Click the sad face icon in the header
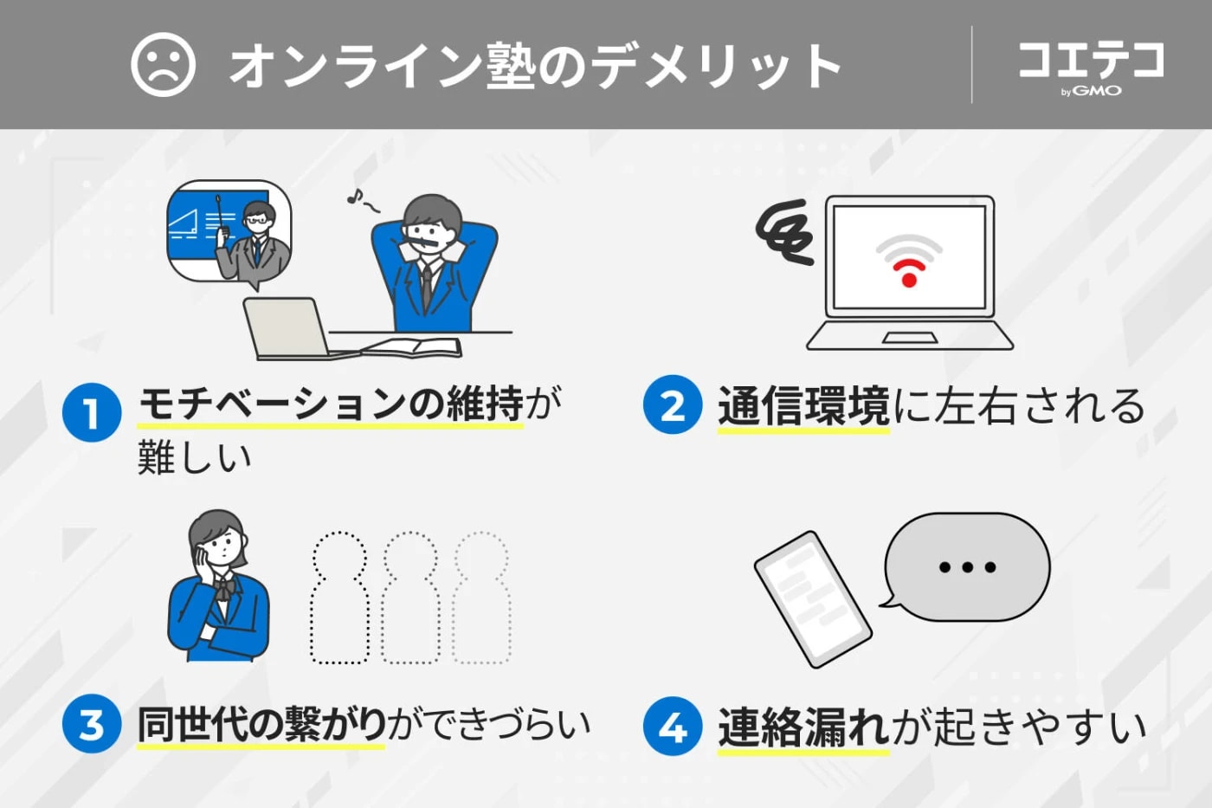(x=163, y=65)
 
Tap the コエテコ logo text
(x=1091, y=60)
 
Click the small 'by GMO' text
(x=1091, y=91)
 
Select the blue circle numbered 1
(x=91, y=412)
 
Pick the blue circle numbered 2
(x=673, y=405)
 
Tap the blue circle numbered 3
(x=91, y=724)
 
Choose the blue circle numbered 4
(x=673, y=726)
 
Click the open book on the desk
(x=414, y=347)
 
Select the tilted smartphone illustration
(x=812, y=598)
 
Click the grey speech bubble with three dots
(x=967, y=567)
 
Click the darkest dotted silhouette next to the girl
(x=339, y=598)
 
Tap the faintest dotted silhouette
(x=481, y=598)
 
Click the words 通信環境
(x=803, y=406)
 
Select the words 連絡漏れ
(x=803, y=727)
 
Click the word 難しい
(x=195, y=456)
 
